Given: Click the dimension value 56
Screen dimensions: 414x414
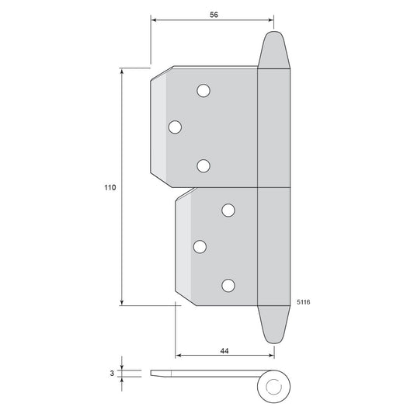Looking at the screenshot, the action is (x=214, y=15).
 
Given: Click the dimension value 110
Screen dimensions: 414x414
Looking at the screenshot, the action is (x=110, y=187).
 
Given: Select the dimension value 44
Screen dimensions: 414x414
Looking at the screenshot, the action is (x=224, y=351).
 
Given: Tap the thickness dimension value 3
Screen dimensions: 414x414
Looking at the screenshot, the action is (x=112, y=373).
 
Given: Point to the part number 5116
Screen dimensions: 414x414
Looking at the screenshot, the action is (x=304, y=302).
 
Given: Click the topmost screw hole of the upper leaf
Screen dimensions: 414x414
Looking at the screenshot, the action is (x=204, y=91).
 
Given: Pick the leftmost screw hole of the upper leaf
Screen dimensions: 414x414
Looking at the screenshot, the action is (x=175, y=127).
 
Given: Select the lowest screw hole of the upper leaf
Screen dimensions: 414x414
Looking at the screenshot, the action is (x=204, y=165).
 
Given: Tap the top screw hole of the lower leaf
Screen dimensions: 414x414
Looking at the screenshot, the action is (x=228, y=210).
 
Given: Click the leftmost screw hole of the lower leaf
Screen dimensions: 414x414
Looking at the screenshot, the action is (x=200, y=246).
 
